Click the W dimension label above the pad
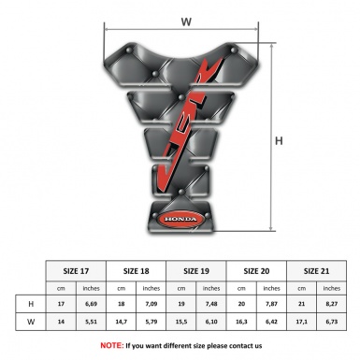(x=186, y=22)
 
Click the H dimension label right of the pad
(x=279, y=141)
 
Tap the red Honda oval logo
(x=180, y=220)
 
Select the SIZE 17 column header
(x=76, y=271)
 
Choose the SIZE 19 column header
(x=196, y=271)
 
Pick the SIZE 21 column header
(x=316, y=271)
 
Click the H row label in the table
(x=31, y=304)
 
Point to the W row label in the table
(x=31, y=322)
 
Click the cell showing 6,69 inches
(x=91, y=304)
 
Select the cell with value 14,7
(x=121, y=322)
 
